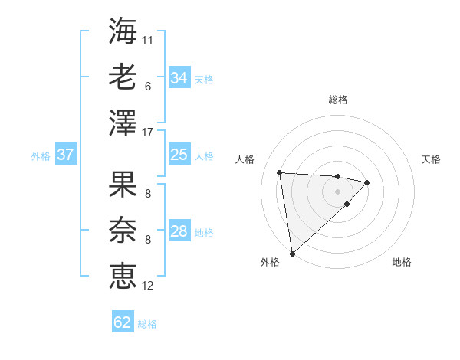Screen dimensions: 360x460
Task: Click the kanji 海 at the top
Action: (123, 31)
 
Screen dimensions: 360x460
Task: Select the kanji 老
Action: (123, 77)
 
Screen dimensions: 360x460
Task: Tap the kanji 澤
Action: (123, 123)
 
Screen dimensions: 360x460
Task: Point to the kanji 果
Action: (123, 184)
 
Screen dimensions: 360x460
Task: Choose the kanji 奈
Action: (123, 230)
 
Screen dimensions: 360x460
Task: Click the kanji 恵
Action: (123, 276)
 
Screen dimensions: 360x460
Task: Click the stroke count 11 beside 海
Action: (148, 40)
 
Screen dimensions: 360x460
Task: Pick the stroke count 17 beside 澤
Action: (148, 133)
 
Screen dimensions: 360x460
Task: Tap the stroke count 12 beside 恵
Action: (148, 286)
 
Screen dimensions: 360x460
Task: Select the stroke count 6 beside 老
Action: (147, 86)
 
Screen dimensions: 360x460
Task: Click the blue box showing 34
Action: (179, 78)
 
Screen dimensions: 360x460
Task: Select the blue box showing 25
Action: (179, 155)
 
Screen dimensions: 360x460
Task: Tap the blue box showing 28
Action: (179, 231)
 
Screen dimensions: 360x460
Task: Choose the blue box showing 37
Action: (65, 155)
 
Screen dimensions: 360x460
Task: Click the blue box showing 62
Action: (123, 322)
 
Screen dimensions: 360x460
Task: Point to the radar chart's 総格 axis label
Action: (337, 100)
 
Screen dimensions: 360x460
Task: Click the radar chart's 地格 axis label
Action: (402, 263)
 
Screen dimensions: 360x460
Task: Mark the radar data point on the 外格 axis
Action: (292, 253)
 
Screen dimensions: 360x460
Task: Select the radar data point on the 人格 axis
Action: (280, 172)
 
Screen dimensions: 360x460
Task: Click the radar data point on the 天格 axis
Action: (367, 182)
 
